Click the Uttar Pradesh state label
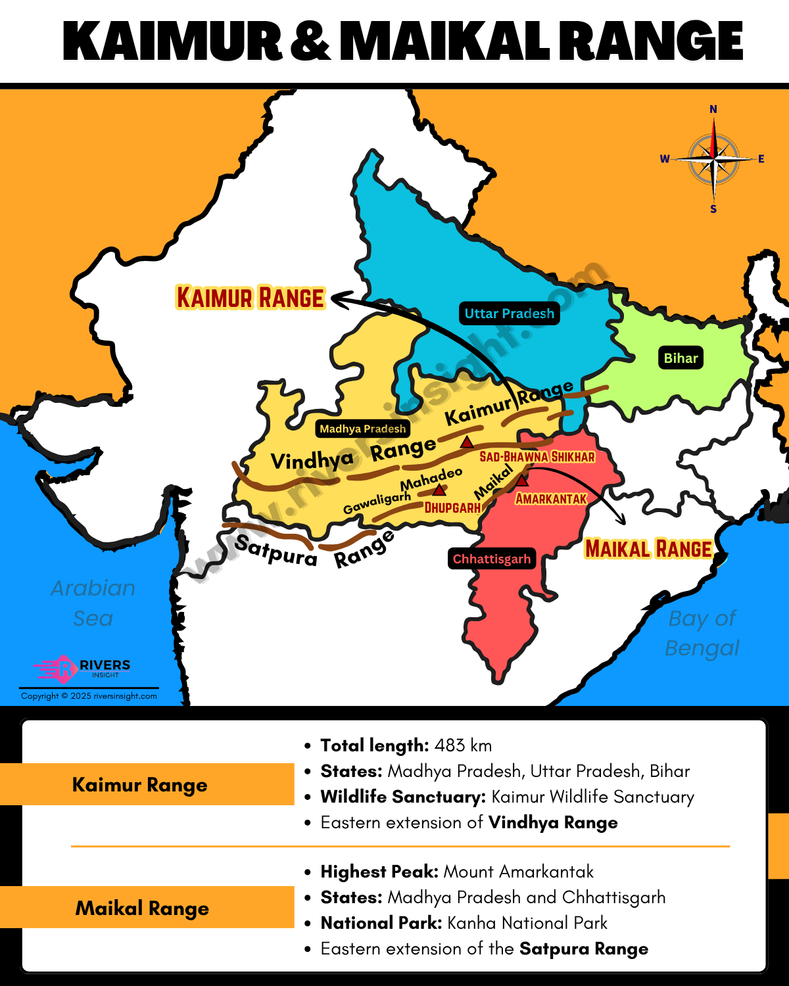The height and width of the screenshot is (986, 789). point(509,314)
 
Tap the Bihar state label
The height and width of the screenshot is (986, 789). point(681,358)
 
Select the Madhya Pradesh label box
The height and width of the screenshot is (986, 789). point(362,429)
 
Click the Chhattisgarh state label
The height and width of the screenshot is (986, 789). point(491,559)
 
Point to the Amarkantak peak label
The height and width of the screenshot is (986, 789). point(551,499)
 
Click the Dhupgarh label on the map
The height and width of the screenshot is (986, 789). point(452,507)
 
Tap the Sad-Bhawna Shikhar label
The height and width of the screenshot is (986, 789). point(537,457)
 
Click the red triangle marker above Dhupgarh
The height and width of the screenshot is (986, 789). point(439,490)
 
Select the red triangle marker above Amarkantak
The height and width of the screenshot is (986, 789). point(521,481)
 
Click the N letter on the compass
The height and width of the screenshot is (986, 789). point(713,109)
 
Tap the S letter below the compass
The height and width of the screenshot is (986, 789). point(713,209)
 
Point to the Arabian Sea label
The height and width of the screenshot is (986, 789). point(93,603)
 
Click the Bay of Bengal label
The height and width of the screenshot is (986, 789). point(702,632)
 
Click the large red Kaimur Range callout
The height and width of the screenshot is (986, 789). point(251,298)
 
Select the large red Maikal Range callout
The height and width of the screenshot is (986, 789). point(648,549)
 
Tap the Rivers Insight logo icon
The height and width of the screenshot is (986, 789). point(64,669)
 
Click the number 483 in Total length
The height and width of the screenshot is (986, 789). point(450,745)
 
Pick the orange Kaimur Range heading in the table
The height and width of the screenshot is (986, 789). point(139,784)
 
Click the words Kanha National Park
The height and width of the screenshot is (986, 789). point(527,923)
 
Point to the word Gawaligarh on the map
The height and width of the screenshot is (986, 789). point(377,503)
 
